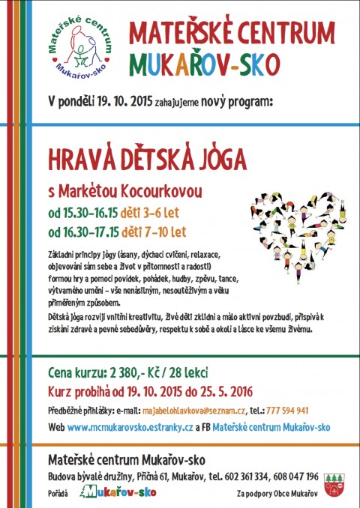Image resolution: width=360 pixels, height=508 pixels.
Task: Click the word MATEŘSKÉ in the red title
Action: click(x=173, y=32)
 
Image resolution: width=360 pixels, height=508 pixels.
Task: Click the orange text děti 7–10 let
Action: click(x=155, y=231)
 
